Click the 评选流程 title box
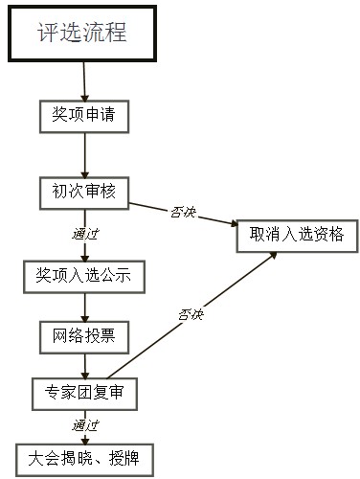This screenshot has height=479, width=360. tap(82, 33)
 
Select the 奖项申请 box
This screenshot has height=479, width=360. tap(83, 116)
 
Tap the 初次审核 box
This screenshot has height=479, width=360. tap(83, 191)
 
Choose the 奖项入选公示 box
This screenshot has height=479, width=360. tap(83, 277)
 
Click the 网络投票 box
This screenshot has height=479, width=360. tap(83, 335)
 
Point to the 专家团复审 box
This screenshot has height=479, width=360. tap(84, 392)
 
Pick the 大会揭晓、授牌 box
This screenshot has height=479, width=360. tap(83, 457)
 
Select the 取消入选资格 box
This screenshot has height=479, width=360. tap(296, 235)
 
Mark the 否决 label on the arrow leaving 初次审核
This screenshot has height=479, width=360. tap(183, 212)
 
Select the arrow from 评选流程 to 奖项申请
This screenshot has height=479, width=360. tap(84, 80)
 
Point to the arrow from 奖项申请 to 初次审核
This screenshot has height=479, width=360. tap(85, 153)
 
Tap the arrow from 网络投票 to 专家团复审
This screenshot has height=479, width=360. tap(85, 364)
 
